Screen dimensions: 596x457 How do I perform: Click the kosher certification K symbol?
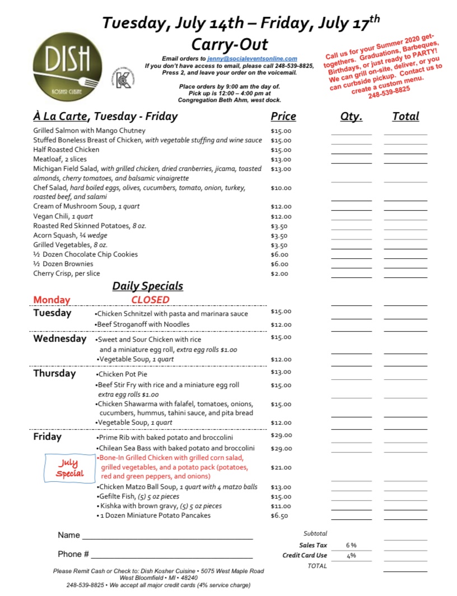124,78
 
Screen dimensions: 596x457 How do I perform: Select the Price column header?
283,117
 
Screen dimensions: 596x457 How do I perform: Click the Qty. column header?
351,117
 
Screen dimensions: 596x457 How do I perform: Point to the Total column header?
405,117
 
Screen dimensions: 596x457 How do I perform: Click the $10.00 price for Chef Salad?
281,188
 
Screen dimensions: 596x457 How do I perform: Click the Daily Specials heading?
148,286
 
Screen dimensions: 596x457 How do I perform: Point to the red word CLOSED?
150,300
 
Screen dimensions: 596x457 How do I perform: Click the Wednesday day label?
60,338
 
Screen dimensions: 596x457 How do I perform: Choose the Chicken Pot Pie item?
122,374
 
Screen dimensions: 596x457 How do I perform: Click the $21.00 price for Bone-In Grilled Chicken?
281,467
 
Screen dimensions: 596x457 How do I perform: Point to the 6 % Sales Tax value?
351,544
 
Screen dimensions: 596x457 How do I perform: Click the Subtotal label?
315,534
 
